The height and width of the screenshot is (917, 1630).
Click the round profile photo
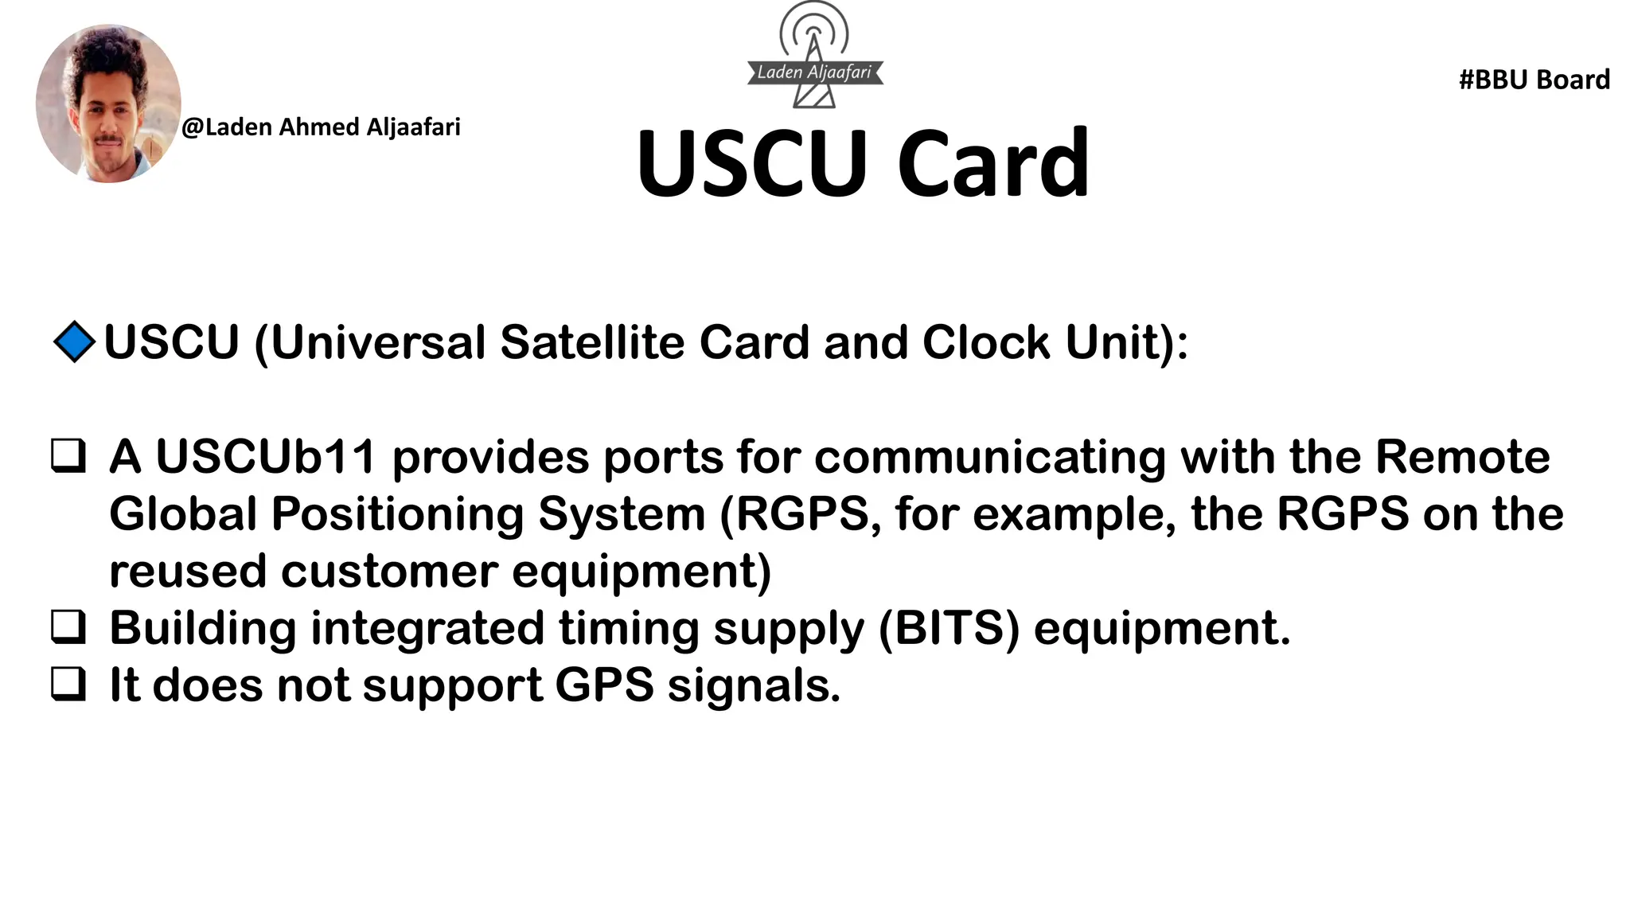tap(108, 103)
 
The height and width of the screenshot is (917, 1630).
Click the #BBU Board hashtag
tap(1534, 80)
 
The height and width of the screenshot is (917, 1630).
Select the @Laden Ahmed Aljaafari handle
tap(321, 127)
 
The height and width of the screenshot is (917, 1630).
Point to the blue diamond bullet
tap(74, 342)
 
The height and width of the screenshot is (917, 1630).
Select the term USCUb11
tap(265, 457)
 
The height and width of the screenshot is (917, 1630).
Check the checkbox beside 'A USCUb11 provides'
tap(68, 457)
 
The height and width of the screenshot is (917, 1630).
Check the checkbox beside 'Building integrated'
tap(68, 627)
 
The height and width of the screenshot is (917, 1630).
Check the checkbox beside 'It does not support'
tap(68, 685)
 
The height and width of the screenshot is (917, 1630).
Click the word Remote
tap(1462, 457)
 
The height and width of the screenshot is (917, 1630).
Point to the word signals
tap(753, 685)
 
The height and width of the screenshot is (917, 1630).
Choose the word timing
tap(629, 627)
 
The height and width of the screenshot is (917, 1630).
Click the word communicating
tap(989, 457)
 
